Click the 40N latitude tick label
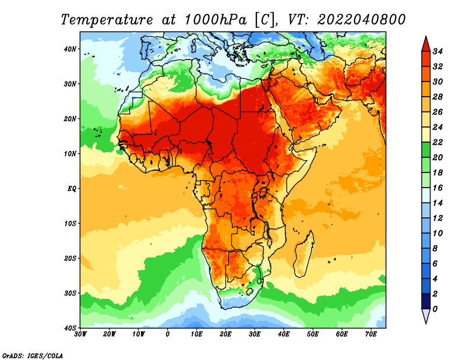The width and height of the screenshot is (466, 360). pos(70,49)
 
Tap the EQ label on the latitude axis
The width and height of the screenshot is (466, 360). pos(72,189)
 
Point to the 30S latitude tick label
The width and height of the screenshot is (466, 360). pos(70,294)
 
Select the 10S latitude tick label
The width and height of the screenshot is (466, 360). pos(70,224)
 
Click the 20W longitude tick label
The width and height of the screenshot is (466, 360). pos(109,334)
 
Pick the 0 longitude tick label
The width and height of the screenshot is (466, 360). pos(168,334)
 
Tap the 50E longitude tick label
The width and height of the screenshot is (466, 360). pos(313,334)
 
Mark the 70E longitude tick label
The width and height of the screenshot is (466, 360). pos(371,334)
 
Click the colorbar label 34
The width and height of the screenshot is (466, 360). pos(437,51)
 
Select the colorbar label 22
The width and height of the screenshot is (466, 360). pos(437,142)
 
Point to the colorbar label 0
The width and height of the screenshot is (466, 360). pos(435,309)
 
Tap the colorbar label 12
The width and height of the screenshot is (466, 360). pos(437,218)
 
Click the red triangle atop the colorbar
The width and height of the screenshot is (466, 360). pos(426,45)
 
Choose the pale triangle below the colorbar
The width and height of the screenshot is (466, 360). pos(426,316)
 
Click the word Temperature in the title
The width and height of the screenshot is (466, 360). pos(107,20)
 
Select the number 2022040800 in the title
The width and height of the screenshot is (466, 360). pos(361,20)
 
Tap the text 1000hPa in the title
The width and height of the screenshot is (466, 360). pos(216,20)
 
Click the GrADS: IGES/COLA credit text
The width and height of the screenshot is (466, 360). pos(33,356)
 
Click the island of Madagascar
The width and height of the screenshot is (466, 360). pos(303,254)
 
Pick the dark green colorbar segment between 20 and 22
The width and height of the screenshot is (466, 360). pos(426,150)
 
